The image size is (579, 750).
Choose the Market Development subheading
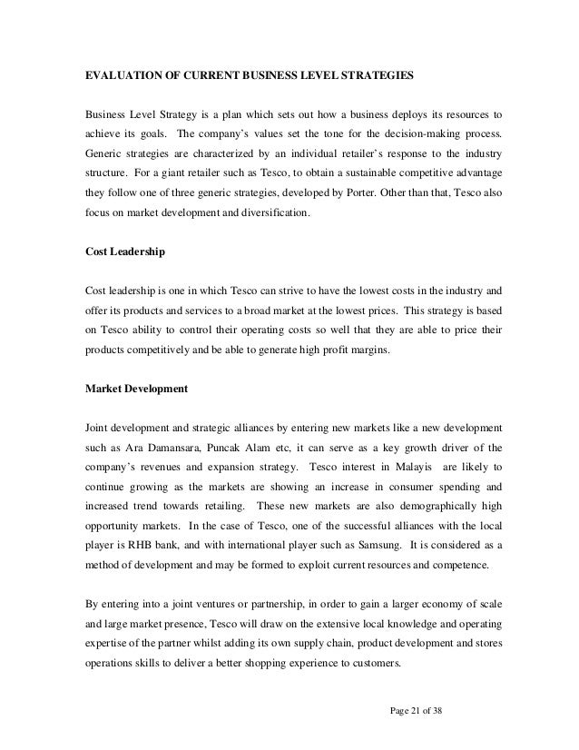[136, 389]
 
